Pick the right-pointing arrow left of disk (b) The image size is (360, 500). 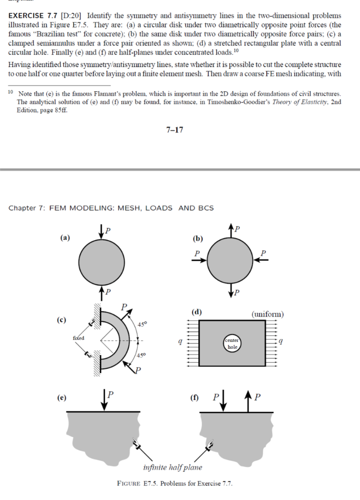[x=199, y=260]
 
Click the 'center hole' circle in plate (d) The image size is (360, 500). [x=232, y=343]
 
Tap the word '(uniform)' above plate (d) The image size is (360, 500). [x=267, y=314]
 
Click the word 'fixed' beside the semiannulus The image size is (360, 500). [x=78, y=338]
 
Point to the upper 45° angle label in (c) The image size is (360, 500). [x=142, y=324]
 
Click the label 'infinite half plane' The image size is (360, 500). [x=172, y=467]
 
